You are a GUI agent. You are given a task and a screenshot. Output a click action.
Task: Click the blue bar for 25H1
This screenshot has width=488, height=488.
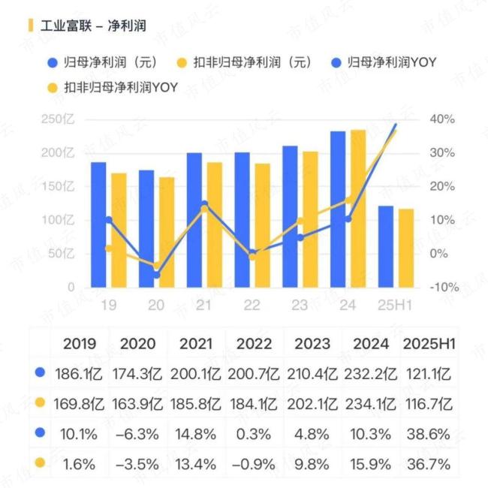(x=386, y=246)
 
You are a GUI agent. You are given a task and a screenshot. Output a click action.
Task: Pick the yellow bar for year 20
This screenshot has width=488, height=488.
(x=166, y=232)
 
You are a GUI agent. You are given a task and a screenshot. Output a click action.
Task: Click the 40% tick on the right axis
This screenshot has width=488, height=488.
(x=443, y=119)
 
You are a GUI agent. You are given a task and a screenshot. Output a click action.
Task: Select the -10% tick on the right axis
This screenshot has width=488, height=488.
(x=443, y=287)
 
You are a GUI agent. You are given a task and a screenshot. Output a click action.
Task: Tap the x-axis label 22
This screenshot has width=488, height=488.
(x=252, y=304)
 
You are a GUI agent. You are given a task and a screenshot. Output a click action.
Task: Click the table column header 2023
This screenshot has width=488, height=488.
(x=312, y=344)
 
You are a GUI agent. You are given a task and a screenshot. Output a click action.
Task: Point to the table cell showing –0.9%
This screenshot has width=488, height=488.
(x=254, y=463)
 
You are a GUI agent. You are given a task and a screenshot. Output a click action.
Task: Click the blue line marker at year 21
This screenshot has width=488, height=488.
(x=204, y=204)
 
